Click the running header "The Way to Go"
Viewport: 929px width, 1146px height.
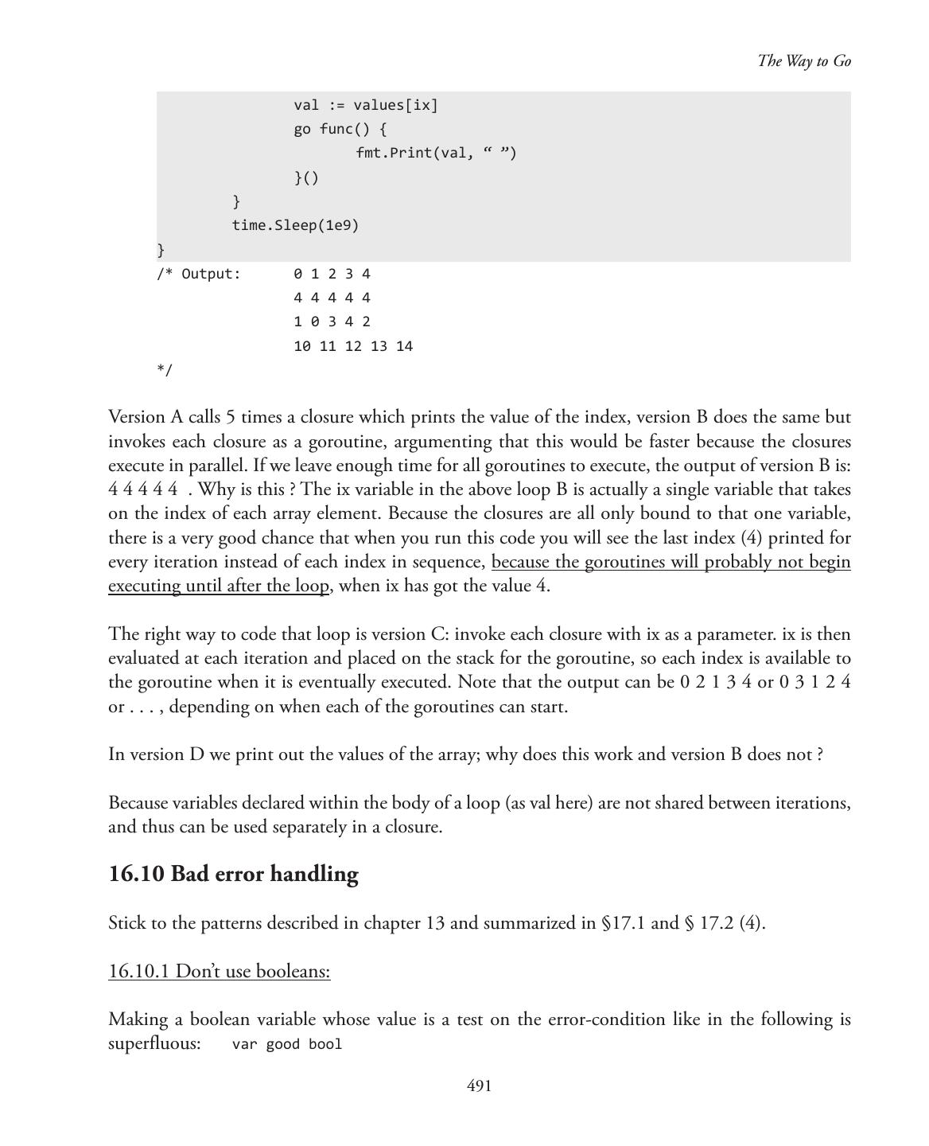[x=803, y=61]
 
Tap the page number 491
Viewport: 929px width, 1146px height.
[x=479, y=1086]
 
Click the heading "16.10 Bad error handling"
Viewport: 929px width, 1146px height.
[x=233, y=874]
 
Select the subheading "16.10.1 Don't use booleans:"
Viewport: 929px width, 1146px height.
[x=219, y=972]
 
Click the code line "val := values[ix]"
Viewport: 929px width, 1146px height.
[x=365, y=105]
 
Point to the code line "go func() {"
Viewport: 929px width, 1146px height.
[x=340, y=129]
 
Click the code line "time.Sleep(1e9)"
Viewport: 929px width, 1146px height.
[x=295, y=225]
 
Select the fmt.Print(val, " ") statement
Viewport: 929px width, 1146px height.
[x=436, y=153]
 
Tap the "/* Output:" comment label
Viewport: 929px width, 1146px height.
[x=198, y=274]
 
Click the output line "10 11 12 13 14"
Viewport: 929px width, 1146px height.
[x=352, y=346]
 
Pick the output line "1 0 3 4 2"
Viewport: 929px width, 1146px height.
[x=332, y=322]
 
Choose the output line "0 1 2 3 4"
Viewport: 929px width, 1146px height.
[x=332, y=274]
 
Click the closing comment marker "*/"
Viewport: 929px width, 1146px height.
[x=164, y=369]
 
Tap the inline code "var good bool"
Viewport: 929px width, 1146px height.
[x=286, y=1044]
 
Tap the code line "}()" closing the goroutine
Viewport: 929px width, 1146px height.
[x=306, y=177]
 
